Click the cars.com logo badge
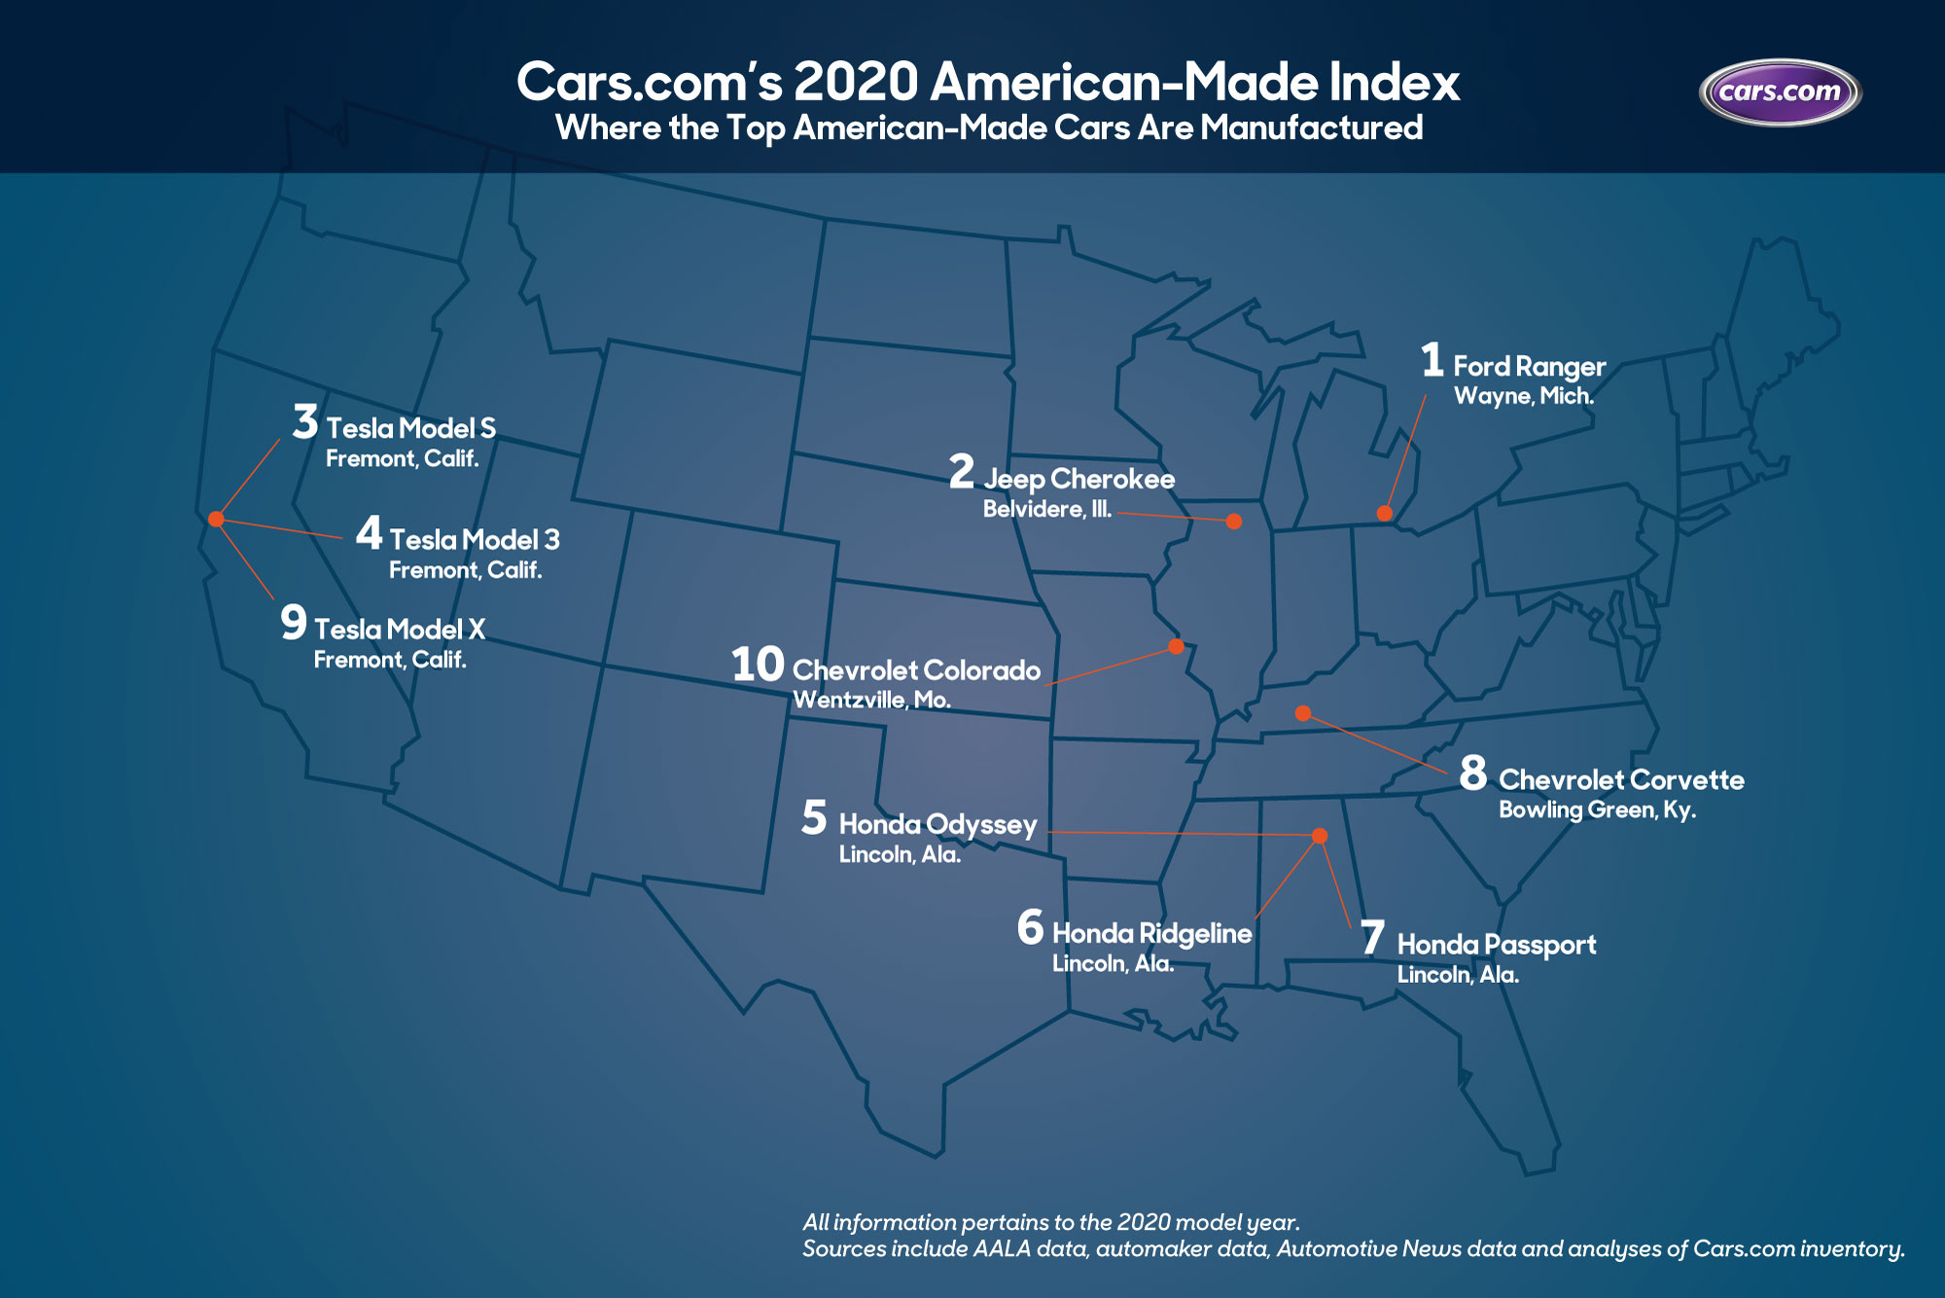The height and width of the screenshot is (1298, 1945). pos(1780,92)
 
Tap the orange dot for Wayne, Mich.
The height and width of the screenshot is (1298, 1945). pos(1384,513)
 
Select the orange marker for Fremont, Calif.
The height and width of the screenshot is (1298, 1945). pos(216,519)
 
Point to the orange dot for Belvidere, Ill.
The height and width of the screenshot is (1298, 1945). pos(1234,521)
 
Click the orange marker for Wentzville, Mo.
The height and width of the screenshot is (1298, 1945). pos(1176,646)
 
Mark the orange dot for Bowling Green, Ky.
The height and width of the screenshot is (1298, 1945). pos(1302,713)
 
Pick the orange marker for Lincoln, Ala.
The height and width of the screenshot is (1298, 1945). pos(1320,836)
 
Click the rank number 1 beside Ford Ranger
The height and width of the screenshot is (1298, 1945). pos(1432,360)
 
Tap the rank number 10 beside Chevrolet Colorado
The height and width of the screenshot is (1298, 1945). pos(758,665)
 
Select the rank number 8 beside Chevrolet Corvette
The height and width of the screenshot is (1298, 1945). pos(1473,774)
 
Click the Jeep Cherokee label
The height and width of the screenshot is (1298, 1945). pos(1079,479)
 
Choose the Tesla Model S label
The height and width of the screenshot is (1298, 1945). pos(410,428)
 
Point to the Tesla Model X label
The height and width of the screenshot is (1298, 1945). pos(399,630)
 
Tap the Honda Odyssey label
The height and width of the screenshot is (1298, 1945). pos(937,825)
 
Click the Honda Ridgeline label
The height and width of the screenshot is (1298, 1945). pos(1151,934)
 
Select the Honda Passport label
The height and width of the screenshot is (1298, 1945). pos(1496,945)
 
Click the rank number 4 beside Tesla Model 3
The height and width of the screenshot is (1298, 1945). pos(369,533)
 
